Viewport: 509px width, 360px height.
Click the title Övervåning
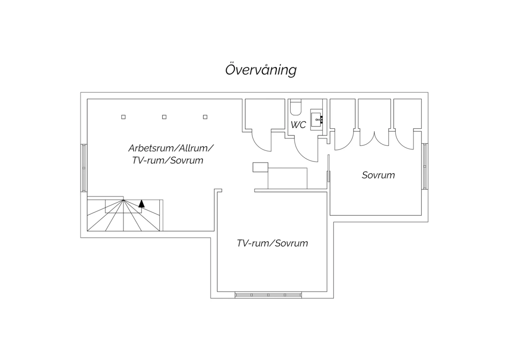coord(261,70)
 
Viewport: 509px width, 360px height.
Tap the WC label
coord(298,125)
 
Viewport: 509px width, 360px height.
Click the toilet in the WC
coord(295,107)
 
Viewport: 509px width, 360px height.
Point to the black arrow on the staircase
coord(142,203)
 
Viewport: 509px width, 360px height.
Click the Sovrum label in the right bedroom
coord(378,175)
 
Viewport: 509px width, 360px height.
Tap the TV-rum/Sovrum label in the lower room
coord(272,243)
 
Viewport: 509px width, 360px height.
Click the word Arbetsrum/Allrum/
coord(171,148)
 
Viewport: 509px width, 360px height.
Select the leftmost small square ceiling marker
coord(123,117)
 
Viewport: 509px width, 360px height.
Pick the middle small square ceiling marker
coord(164,117)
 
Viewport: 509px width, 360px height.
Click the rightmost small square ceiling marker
coord(205,117)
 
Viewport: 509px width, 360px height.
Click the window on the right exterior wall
coord(425,166)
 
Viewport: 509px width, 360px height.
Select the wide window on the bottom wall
coord(268,295)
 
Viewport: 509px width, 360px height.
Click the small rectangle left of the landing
coord(260,167)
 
